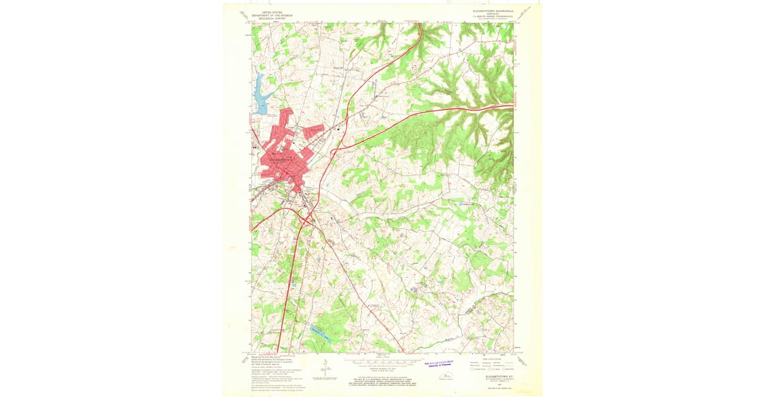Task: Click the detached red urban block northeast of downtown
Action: (x=313, y=131)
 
